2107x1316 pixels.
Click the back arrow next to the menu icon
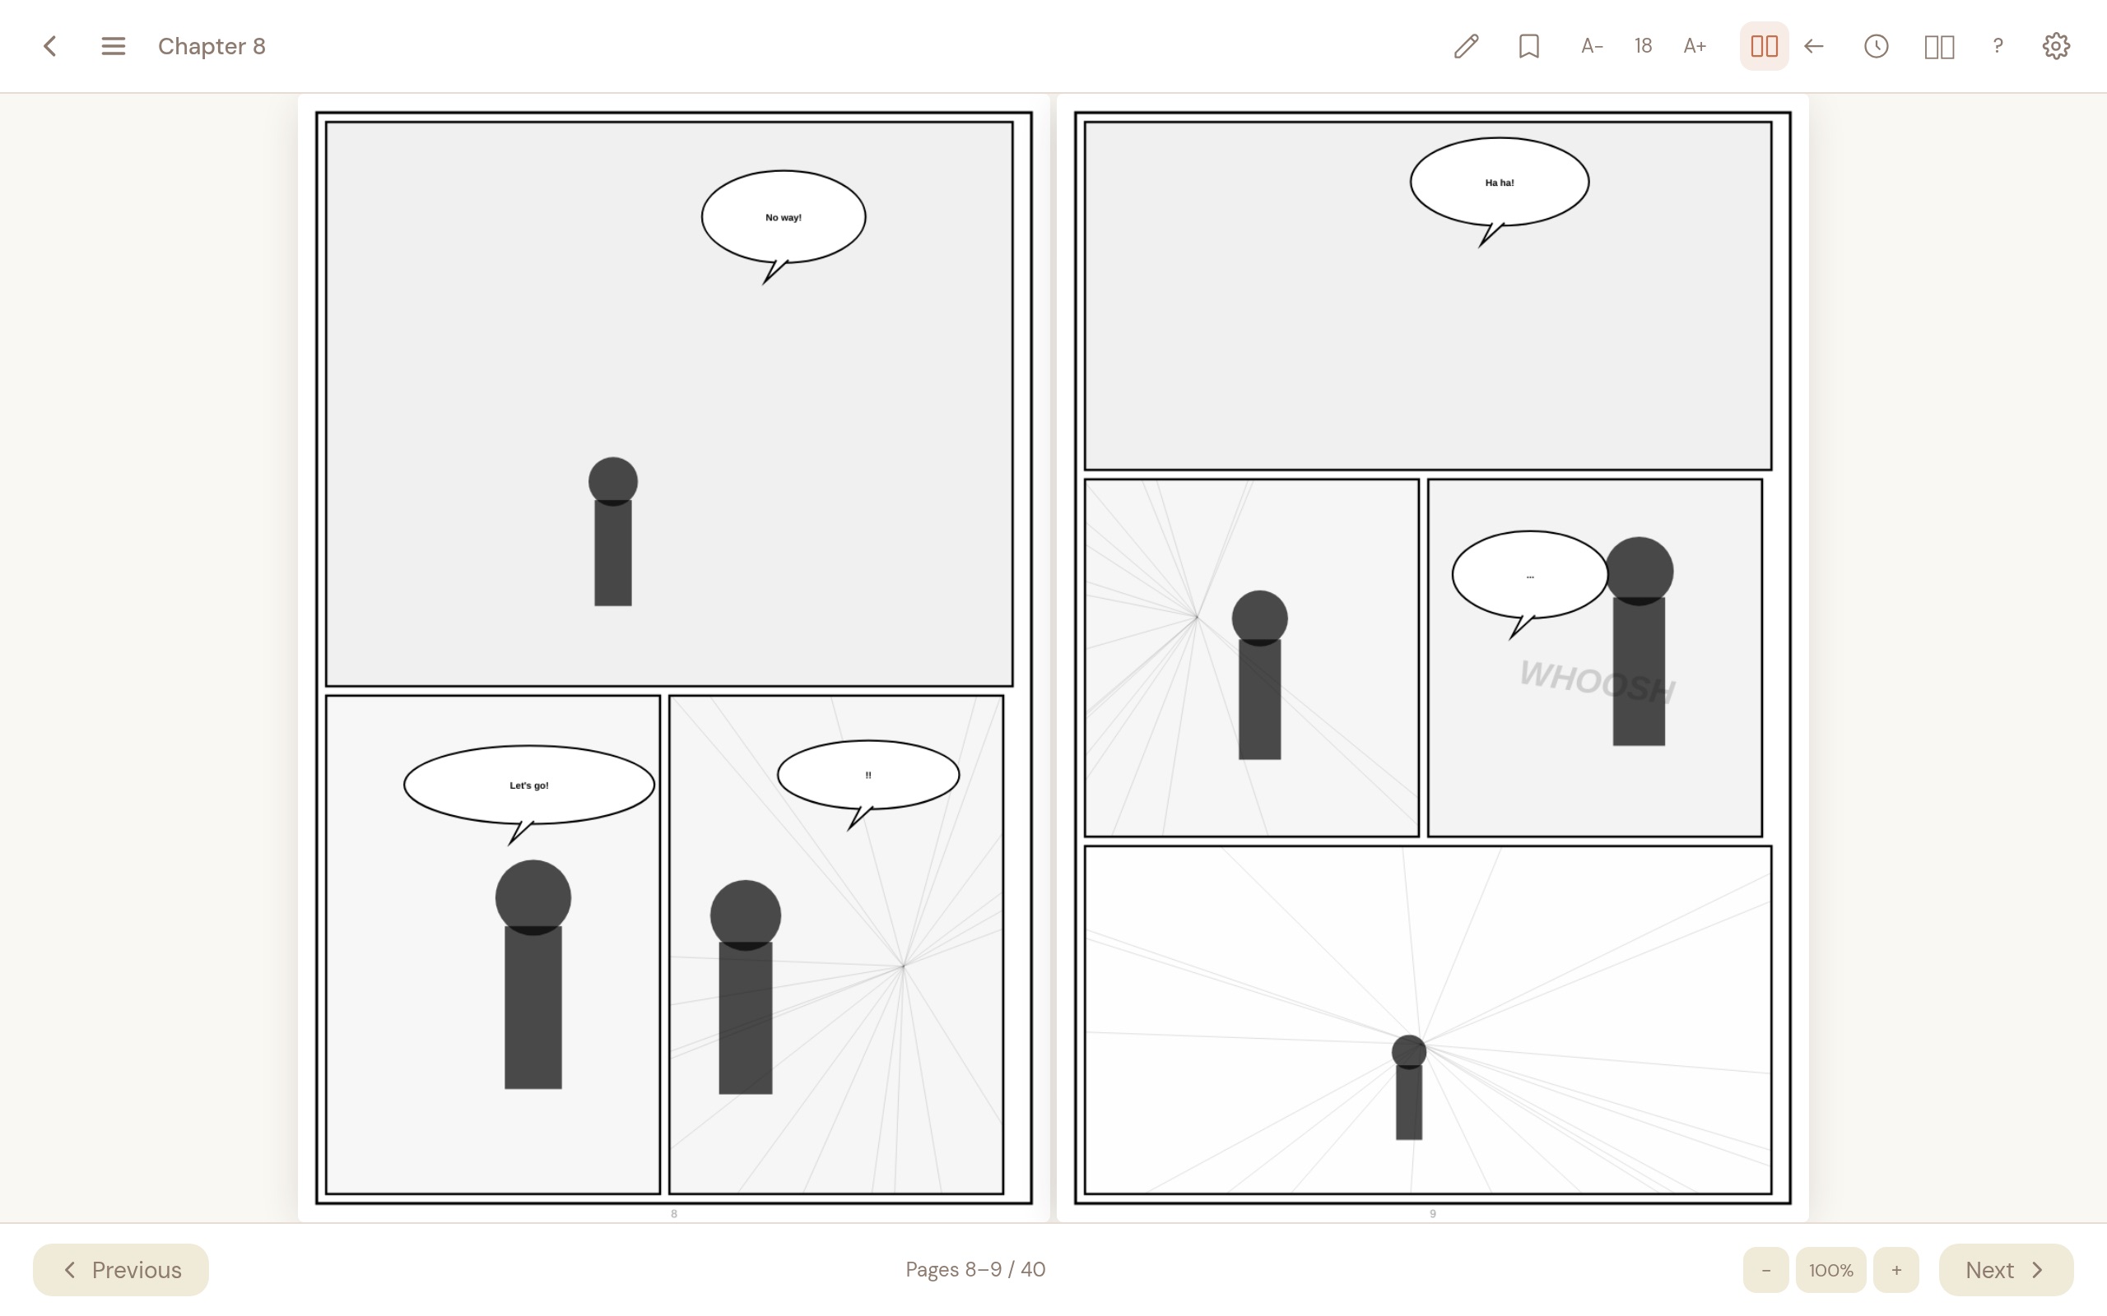click(50, 46)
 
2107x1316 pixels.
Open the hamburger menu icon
click(114, 46)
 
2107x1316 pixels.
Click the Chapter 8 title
click(212, 46)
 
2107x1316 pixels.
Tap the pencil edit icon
click(1466, 46)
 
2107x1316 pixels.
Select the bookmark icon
click(1529, 46)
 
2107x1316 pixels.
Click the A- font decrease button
click(1592, 46)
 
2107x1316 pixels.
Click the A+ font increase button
click(1695, 46)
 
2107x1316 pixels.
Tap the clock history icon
click(1877, 46)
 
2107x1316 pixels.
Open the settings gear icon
click(2056, 46)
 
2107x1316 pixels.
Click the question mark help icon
click(1998, 46)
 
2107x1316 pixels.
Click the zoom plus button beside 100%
click(1895, 1270)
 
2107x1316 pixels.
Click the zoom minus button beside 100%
click(1765, 1270)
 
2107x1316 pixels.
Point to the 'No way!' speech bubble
click(783, 216)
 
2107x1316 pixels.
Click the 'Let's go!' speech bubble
click(528, 784)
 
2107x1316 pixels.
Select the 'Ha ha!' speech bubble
click(1500, 182)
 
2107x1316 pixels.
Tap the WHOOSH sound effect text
click(1596, 681)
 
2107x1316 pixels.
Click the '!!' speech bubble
click(868, 775)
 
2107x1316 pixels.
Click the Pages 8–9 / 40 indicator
click(975, 1270)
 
